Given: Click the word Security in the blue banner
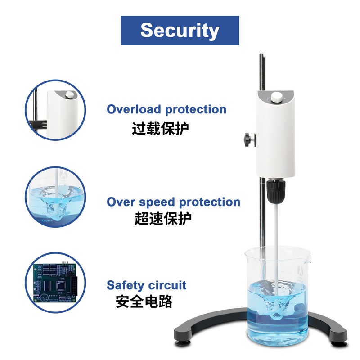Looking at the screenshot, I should coord(180,30).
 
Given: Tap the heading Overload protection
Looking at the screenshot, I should coord(166,109).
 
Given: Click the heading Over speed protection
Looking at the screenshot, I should coord(173,202).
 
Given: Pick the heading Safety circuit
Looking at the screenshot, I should coord(146,285).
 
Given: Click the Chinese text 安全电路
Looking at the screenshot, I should coord(144,301).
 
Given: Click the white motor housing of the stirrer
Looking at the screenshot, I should coord(274,135).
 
